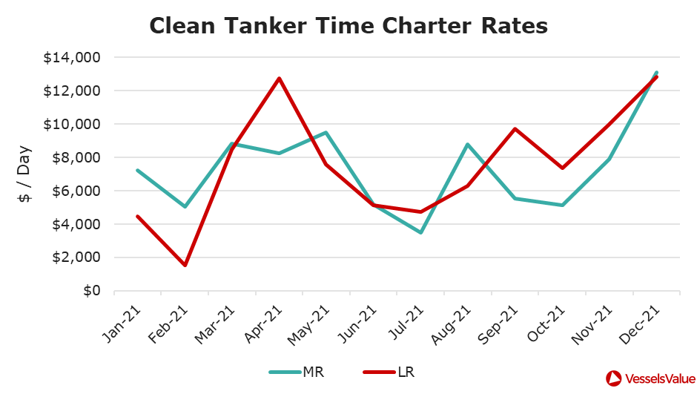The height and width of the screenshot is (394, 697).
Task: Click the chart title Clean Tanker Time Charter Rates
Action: [x=348, y=26]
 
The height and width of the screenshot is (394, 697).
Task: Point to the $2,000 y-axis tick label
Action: [x=81, y=257]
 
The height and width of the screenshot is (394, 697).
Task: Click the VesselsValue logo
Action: [x=644, y=378]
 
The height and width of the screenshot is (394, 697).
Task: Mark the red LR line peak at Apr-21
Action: [x=279, y=78]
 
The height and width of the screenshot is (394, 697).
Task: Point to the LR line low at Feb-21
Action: [x=185, y=265]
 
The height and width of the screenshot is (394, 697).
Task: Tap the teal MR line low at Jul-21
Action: [x=420, y=232]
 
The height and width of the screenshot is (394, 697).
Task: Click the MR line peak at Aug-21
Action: [x=468, y=144]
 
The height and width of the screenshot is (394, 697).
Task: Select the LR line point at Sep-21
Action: [x=515, y=128]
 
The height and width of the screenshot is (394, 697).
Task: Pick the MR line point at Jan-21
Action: [x=137, y=170]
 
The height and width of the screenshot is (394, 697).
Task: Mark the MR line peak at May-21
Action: [x=326, y=133]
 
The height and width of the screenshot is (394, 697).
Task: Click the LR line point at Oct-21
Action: [x=562, y=168]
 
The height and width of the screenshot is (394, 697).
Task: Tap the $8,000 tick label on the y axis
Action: [x=81, y=157]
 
